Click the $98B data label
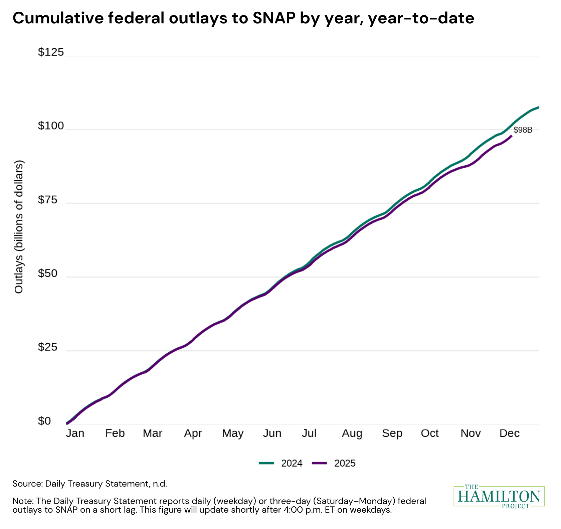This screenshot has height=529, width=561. tap(523, 130)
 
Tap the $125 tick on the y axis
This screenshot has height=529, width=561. tap(51, 52)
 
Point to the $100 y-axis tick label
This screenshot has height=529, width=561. tap(51, 126)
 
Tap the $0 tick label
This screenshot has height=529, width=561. tap(44, 421)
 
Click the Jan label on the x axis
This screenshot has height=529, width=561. tap(75, 433)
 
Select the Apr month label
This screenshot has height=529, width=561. tap(193, 433)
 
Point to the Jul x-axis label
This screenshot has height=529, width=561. tap(309, 433)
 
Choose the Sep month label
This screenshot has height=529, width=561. tap(392, 433)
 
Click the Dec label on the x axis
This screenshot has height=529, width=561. tap(509, 433)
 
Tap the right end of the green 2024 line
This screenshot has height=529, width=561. tap(538, 107)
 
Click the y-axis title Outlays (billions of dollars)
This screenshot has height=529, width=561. tap(19, 227)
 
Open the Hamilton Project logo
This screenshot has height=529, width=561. tap(499, 497)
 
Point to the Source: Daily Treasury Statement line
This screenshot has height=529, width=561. tap(89, 484)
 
